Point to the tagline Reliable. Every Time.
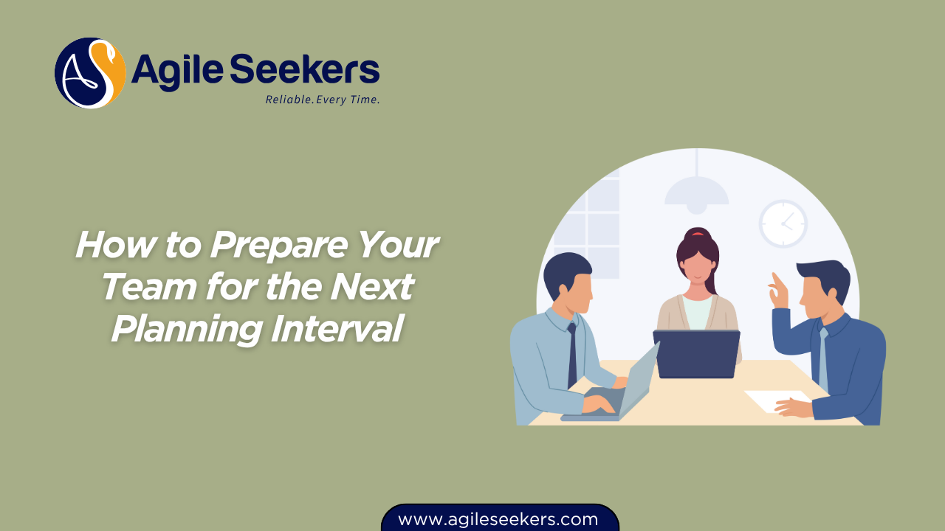pyautogui.click(x=323, y=100)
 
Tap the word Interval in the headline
pyautogui.click(x=337, y=328)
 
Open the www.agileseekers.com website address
pyautogui.click(x=498, y=519)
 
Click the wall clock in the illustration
pyautogui.click(x=783, y=223)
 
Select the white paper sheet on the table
pyautogui.click(x=775, y=400)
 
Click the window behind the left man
pyautogui.click(x=591, y=221)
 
